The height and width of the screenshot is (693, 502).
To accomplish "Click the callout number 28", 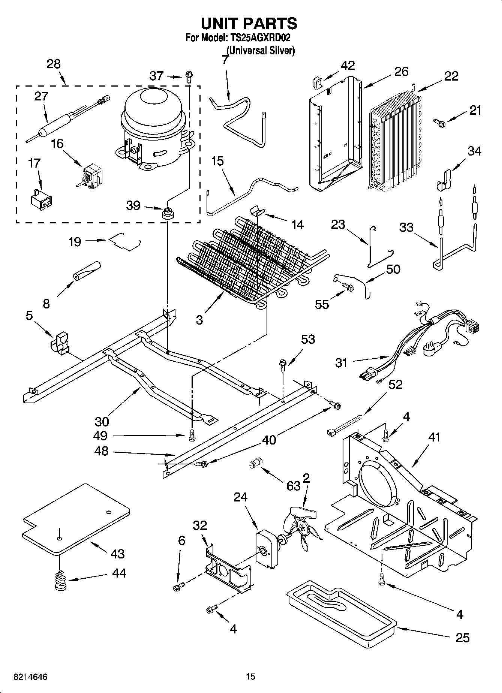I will tap(54, 64).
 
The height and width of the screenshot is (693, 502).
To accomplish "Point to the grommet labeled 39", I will tap(167, 215).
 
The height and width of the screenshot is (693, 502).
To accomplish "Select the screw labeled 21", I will tap(439, 122).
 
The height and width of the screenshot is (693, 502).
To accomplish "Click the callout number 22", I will tap(451, 76).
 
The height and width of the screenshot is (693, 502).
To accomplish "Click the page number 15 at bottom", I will tap(250, 677).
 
